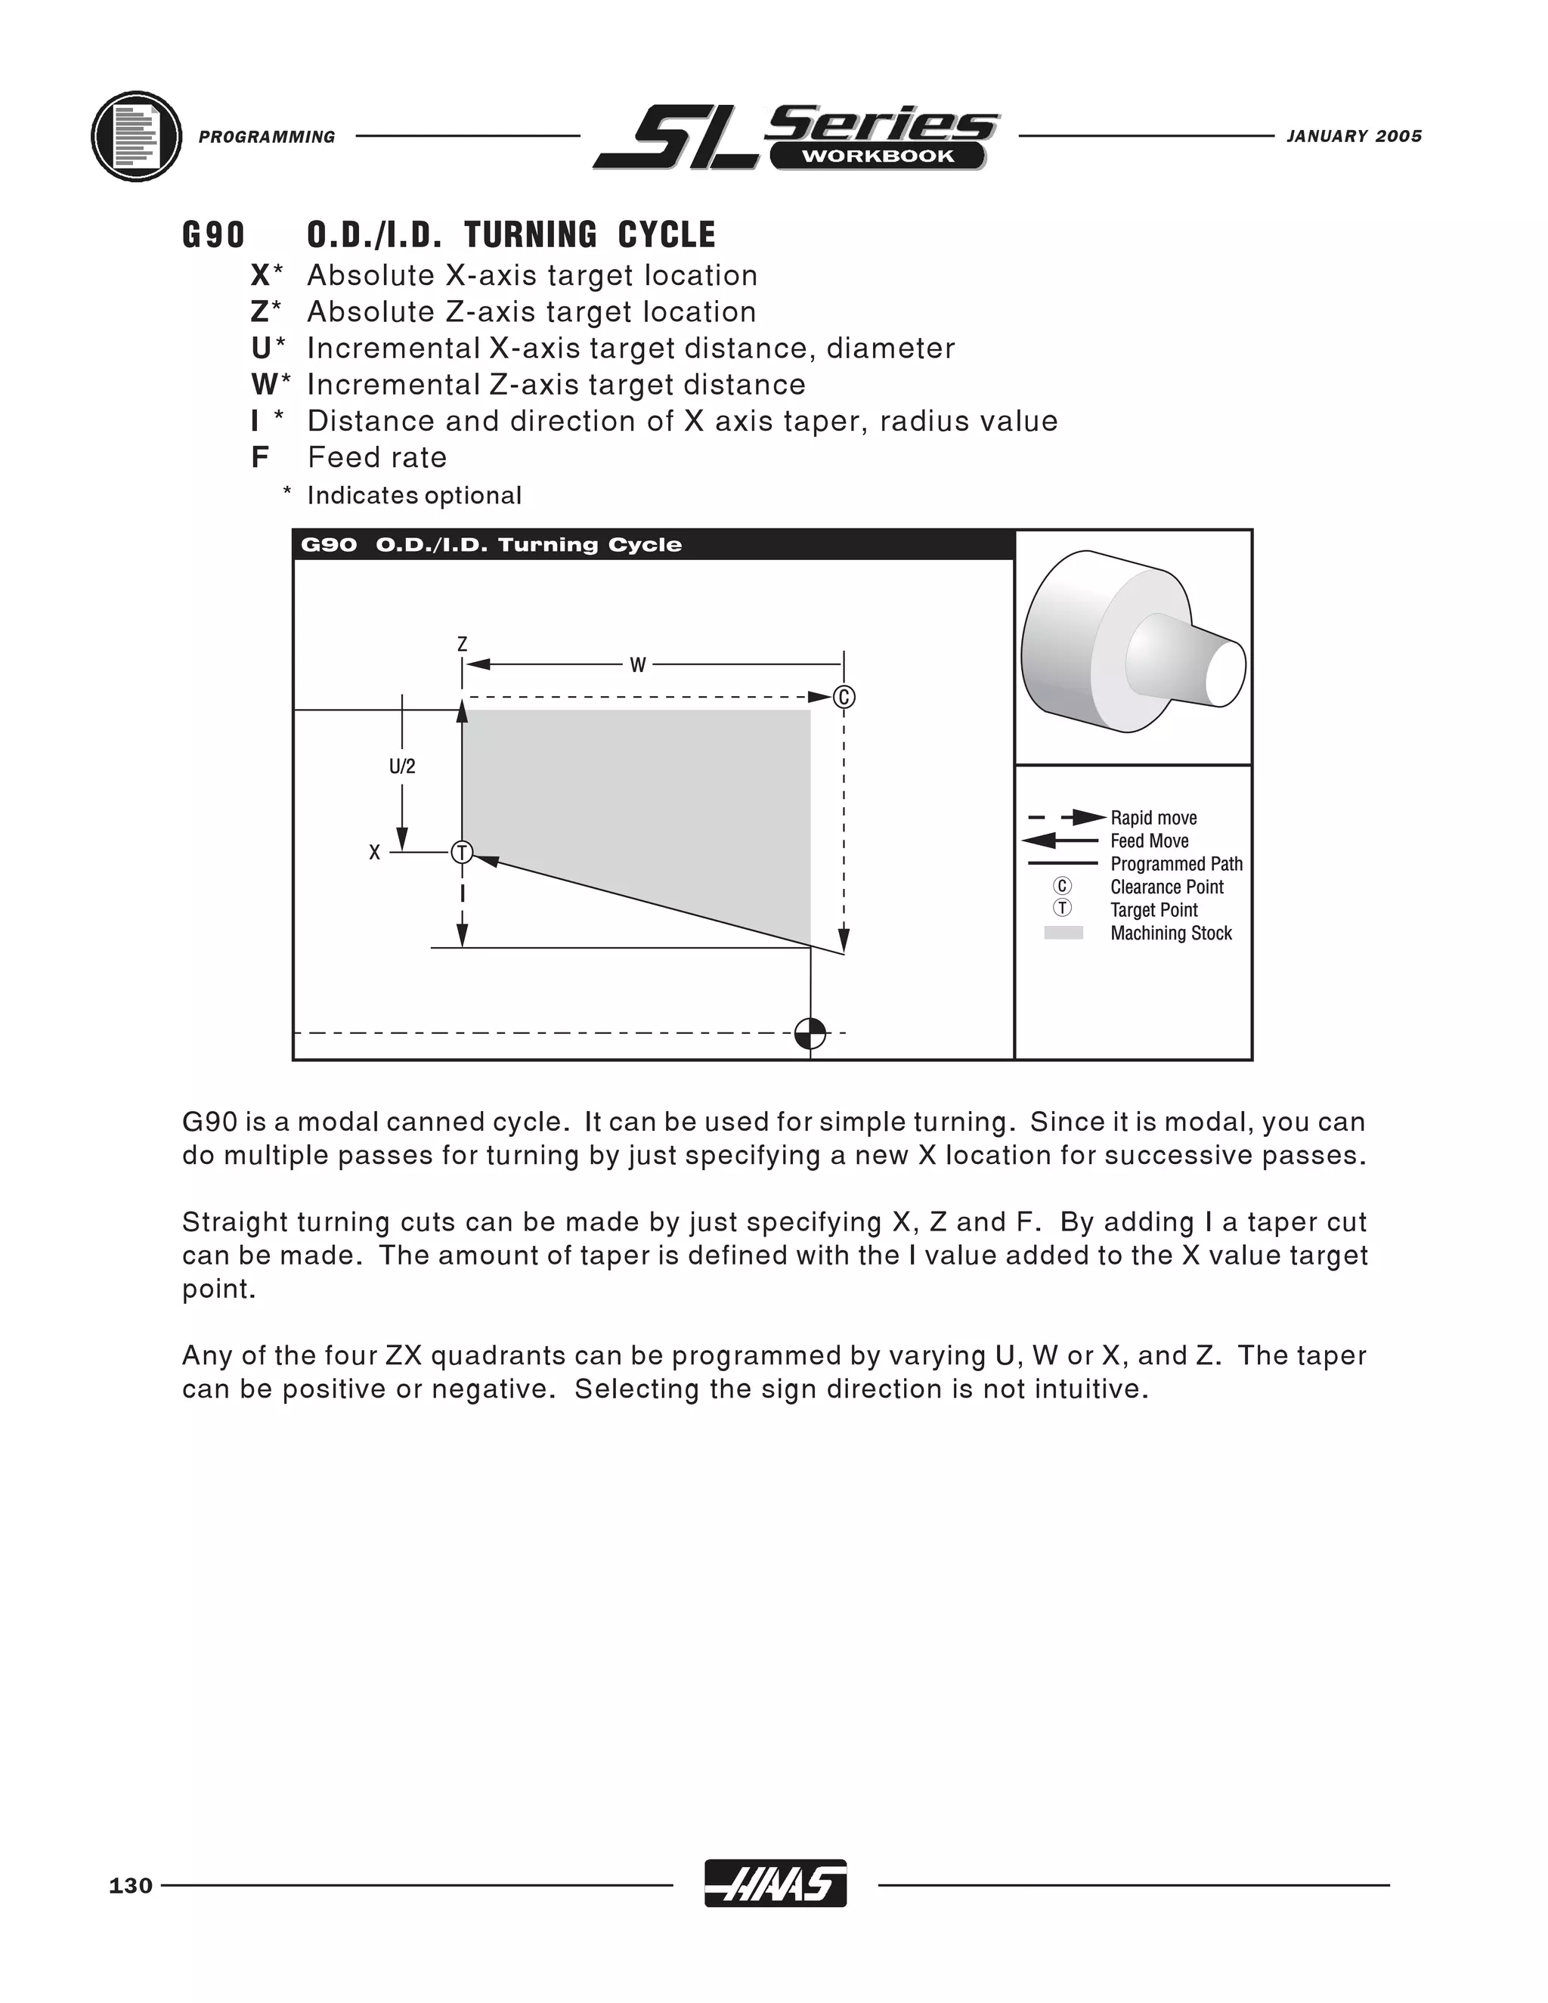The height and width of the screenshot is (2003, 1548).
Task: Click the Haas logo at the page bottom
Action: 775,1884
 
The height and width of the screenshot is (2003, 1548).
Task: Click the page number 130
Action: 130,1886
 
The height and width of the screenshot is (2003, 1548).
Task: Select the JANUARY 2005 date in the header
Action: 1354,137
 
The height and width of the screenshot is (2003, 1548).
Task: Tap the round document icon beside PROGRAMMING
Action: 137,137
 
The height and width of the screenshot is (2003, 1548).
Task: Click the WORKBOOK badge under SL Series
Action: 878,156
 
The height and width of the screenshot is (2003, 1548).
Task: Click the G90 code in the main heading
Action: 214,235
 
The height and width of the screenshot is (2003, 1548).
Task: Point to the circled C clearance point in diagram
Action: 844,697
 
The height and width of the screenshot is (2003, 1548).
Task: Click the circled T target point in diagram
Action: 462,853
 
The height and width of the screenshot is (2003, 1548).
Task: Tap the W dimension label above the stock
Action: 638,665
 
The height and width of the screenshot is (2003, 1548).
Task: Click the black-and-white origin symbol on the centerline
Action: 810,1033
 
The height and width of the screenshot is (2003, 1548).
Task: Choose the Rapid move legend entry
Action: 1153,817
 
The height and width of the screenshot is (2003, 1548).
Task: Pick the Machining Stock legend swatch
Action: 1063,933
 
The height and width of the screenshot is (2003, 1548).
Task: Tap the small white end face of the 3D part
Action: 1225,672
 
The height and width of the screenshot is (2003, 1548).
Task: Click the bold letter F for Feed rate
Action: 259,457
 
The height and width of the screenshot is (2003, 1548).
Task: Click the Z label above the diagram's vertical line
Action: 462,645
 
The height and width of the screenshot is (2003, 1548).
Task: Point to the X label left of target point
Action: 374,853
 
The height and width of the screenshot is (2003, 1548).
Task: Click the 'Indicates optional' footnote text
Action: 413,495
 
